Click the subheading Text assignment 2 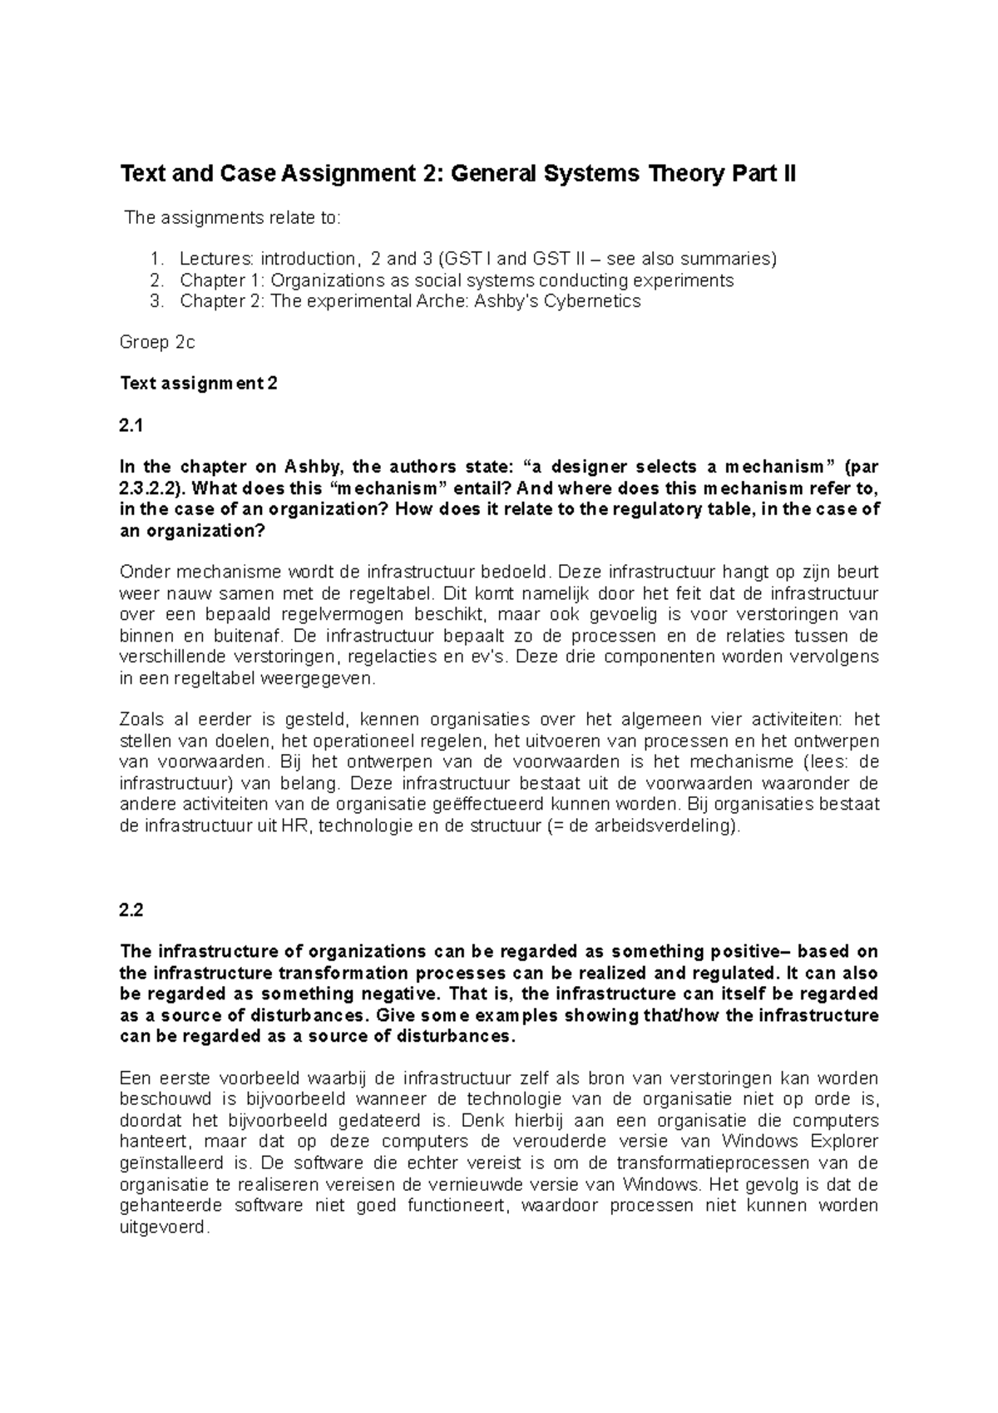tap(199, 384)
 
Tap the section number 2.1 tap(132, 426)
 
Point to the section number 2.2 tap(132, 910)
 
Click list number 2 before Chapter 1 tap(156, 280)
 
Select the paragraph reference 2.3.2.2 tap(146, 488)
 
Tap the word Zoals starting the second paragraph tap(141, 720)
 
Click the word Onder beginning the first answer tap(143, 572)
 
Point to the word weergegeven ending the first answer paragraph tap(324, 678)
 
